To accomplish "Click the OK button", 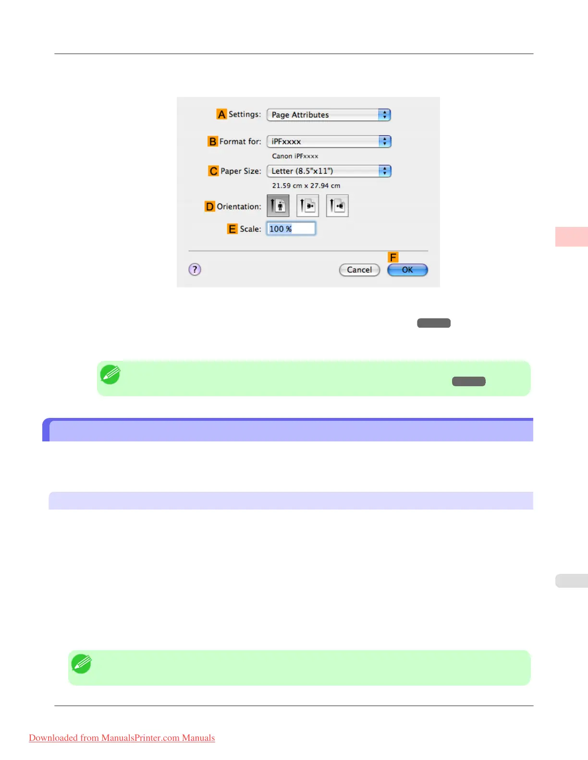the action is (x=407, y=270).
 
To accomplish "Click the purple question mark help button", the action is (x=195, y=270).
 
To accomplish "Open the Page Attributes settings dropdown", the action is (x=329, y=115).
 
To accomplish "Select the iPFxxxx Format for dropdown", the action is (x=329, y=142).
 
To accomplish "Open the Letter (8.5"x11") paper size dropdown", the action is (x=329, y=171).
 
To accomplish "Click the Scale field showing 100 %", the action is (x=291, y=229).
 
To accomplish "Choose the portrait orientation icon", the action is (x=278, y=206).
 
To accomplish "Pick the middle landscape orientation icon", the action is (x=307, y=206).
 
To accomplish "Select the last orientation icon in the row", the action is (x=337, y=206).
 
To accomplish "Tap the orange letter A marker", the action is (x=221, y=114).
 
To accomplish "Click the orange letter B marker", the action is (x=212, y=142).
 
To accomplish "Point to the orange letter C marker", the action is (x=213, y=171).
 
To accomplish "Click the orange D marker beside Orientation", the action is (x=210, y=206).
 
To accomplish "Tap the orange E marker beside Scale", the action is (x=232, y=229).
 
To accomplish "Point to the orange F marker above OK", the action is (x=393, y=258).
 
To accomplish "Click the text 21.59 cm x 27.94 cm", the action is (x=306, y=186).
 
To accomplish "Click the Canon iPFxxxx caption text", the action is (x=295, y=156).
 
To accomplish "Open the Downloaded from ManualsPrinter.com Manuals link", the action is (x=122, y=738).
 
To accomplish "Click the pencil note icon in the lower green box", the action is (x=81, y=664).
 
